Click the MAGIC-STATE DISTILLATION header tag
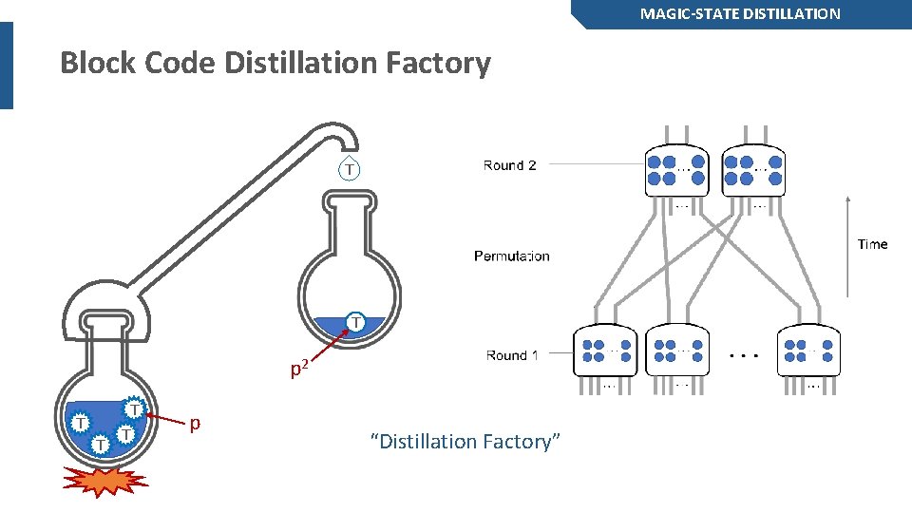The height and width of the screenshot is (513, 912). (x=740, y=13)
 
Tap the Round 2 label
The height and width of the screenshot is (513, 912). (x=509, y=165)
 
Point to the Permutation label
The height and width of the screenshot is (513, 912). (x=511, y=256)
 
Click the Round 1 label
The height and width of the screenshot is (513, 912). (x=511, y=355)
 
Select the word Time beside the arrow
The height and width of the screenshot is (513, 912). (x=872, y=244)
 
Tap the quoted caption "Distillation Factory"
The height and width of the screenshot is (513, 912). (x=465, y=442)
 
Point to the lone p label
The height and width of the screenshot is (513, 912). (x=195, y=423)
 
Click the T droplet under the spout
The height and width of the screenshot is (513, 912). (x=350, y=168)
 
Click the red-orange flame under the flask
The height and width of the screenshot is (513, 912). (x=104, y=481)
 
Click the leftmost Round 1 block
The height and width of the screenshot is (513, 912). (x=605, y=351)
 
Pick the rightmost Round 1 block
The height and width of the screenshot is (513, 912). (x=808, y=351)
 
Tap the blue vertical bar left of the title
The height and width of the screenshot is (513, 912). (x=7, y=65)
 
